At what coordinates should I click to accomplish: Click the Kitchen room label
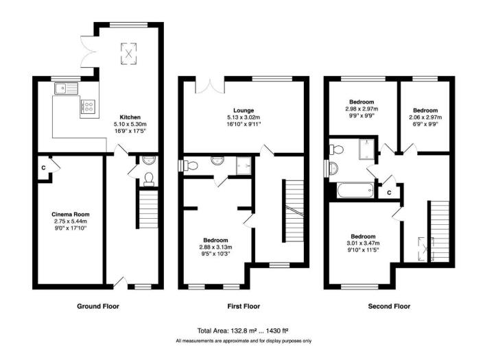click(x=130, y=117)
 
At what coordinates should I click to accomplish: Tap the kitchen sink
click(x=63, y=87)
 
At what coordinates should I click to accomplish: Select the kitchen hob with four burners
click(x=88, y=106)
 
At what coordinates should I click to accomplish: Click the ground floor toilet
click(x=147, y=178)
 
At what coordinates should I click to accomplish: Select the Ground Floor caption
click(x=97, y=306)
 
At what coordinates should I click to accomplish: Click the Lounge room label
click(x=243, y=110)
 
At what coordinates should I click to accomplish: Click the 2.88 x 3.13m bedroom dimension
click(x=215, y=248)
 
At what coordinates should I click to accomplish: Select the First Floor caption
click(x=243, y=306)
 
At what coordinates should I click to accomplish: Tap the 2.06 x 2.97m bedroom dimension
click(x=425, y=117)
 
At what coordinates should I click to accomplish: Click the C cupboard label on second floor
click(x=389, y=191)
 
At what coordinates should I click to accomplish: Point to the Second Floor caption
click(x=389, y=306)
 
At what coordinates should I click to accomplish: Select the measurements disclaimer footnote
click(x=243, y=341)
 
